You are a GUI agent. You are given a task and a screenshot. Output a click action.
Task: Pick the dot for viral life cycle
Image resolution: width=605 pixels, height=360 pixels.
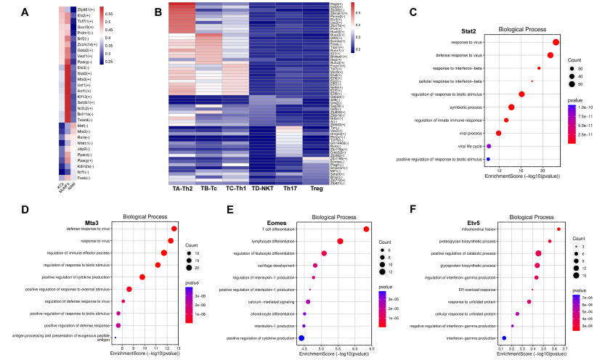(x=489, y=146)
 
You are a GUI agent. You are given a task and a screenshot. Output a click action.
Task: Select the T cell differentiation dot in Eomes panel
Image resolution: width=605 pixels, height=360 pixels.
(x=366, y=229)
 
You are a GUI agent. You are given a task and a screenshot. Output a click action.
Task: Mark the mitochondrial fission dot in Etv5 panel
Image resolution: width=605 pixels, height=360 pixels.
(x=559, y=229)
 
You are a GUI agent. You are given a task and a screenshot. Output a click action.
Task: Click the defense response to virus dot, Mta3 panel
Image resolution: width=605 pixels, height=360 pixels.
(x=174, y=229)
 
